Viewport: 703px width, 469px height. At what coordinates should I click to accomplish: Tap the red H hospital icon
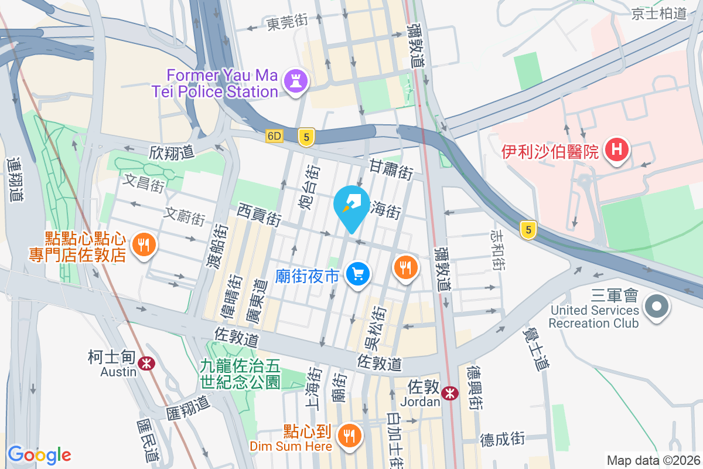coord(616,149)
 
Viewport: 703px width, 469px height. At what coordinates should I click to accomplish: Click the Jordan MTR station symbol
coord(450,393)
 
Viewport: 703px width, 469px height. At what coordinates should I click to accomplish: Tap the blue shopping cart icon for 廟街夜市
coord(358,273)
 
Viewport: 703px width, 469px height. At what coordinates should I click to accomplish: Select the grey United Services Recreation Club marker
coord(656,306)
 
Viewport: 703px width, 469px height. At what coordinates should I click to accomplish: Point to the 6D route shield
coord(274,136)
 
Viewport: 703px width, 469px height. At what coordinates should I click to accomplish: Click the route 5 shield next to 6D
coord(306,137)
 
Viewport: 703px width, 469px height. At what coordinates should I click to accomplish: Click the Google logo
coord(39,454)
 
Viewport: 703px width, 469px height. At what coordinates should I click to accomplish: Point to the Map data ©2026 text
coord(653,460)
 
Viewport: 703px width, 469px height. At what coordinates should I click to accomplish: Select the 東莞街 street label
coord(287,23)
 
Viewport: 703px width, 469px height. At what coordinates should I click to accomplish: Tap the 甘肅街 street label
coord(391,170)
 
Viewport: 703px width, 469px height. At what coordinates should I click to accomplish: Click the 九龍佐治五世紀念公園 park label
coord(240,375)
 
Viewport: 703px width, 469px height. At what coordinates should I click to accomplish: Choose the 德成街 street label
coord(502,439)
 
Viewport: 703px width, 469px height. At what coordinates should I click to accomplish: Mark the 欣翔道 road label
coord(171,152)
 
